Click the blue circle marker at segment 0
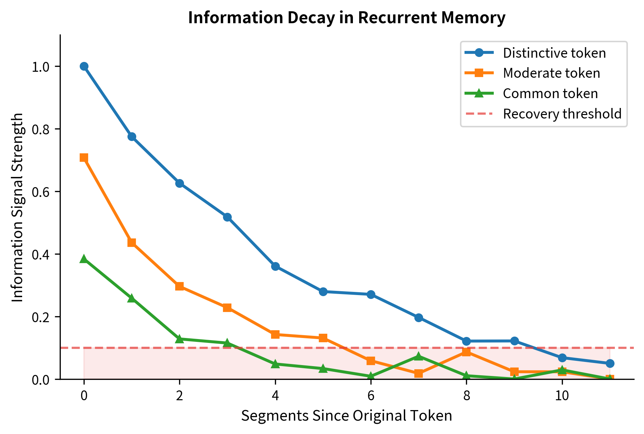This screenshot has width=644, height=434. (84, 66)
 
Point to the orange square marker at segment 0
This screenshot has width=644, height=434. (84, 157)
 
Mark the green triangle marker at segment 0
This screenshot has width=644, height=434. (84, 259)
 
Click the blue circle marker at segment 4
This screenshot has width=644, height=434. (275, 266)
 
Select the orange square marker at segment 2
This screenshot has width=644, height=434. (179, 286)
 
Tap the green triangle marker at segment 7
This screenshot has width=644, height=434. (419, 356)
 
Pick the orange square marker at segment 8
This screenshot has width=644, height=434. (466, 352)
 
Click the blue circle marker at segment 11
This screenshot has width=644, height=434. (610, 363)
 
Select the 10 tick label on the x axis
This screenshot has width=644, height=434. (562, 396)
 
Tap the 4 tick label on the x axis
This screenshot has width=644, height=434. (275, 396)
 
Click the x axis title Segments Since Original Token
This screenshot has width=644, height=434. (347, 416)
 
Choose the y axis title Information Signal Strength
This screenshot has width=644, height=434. (18, 207)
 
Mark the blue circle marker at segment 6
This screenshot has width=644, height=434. (371, 294)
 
